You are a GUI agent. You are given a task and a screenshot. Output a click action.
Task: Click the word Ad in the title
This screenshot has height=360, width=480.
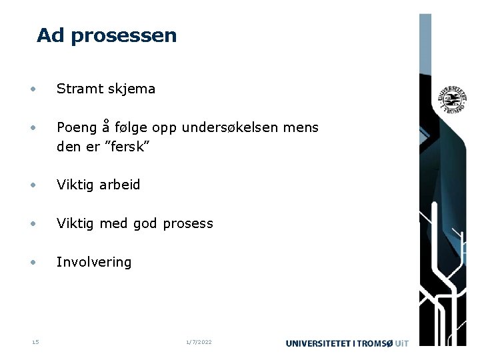[x=51, y=35]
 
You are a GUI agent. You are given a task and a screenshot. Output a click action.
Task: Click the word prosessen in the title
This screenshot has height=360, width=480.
[x=124, y=36]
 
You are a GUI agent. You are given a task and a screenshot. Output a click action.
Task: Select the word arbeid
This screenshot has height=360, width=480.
[x=120, y=185]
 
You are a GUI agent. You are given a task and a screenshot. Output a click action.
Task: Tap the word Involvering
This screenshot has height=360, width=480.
[x=94, y=262]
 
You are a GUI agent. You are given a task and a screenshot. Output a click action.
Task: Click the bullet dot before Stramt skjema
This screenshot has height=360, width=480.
[x=32, y=89]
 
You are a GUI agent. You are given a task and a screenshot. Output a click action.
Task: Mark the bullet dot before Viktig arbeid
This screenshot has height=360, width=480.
[x=32, y=185]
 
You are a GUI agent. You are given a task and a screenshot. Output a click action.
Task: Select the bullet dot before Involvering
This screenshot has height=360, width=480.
[x=32, y=262]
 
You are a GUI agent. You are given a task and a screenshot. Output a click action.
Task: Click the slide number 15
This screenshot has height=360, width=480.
[x=35, y=342]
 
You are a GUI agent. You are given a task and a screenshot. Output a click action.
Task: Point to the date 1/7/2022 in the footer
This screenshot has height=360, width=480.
[x=199, y=342]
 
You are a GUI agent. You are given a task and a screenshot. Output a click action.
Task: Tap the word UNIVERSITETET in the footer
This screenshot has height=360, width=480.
[x=319, y=343]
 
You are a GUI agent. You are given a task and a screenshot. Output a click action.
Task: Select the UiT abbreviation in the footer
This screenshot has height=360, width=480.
[x=402, y=343]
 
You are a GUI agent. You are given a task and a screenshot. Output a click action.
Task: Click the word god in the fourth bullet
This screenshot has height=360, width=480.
[x=145, y=224]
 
